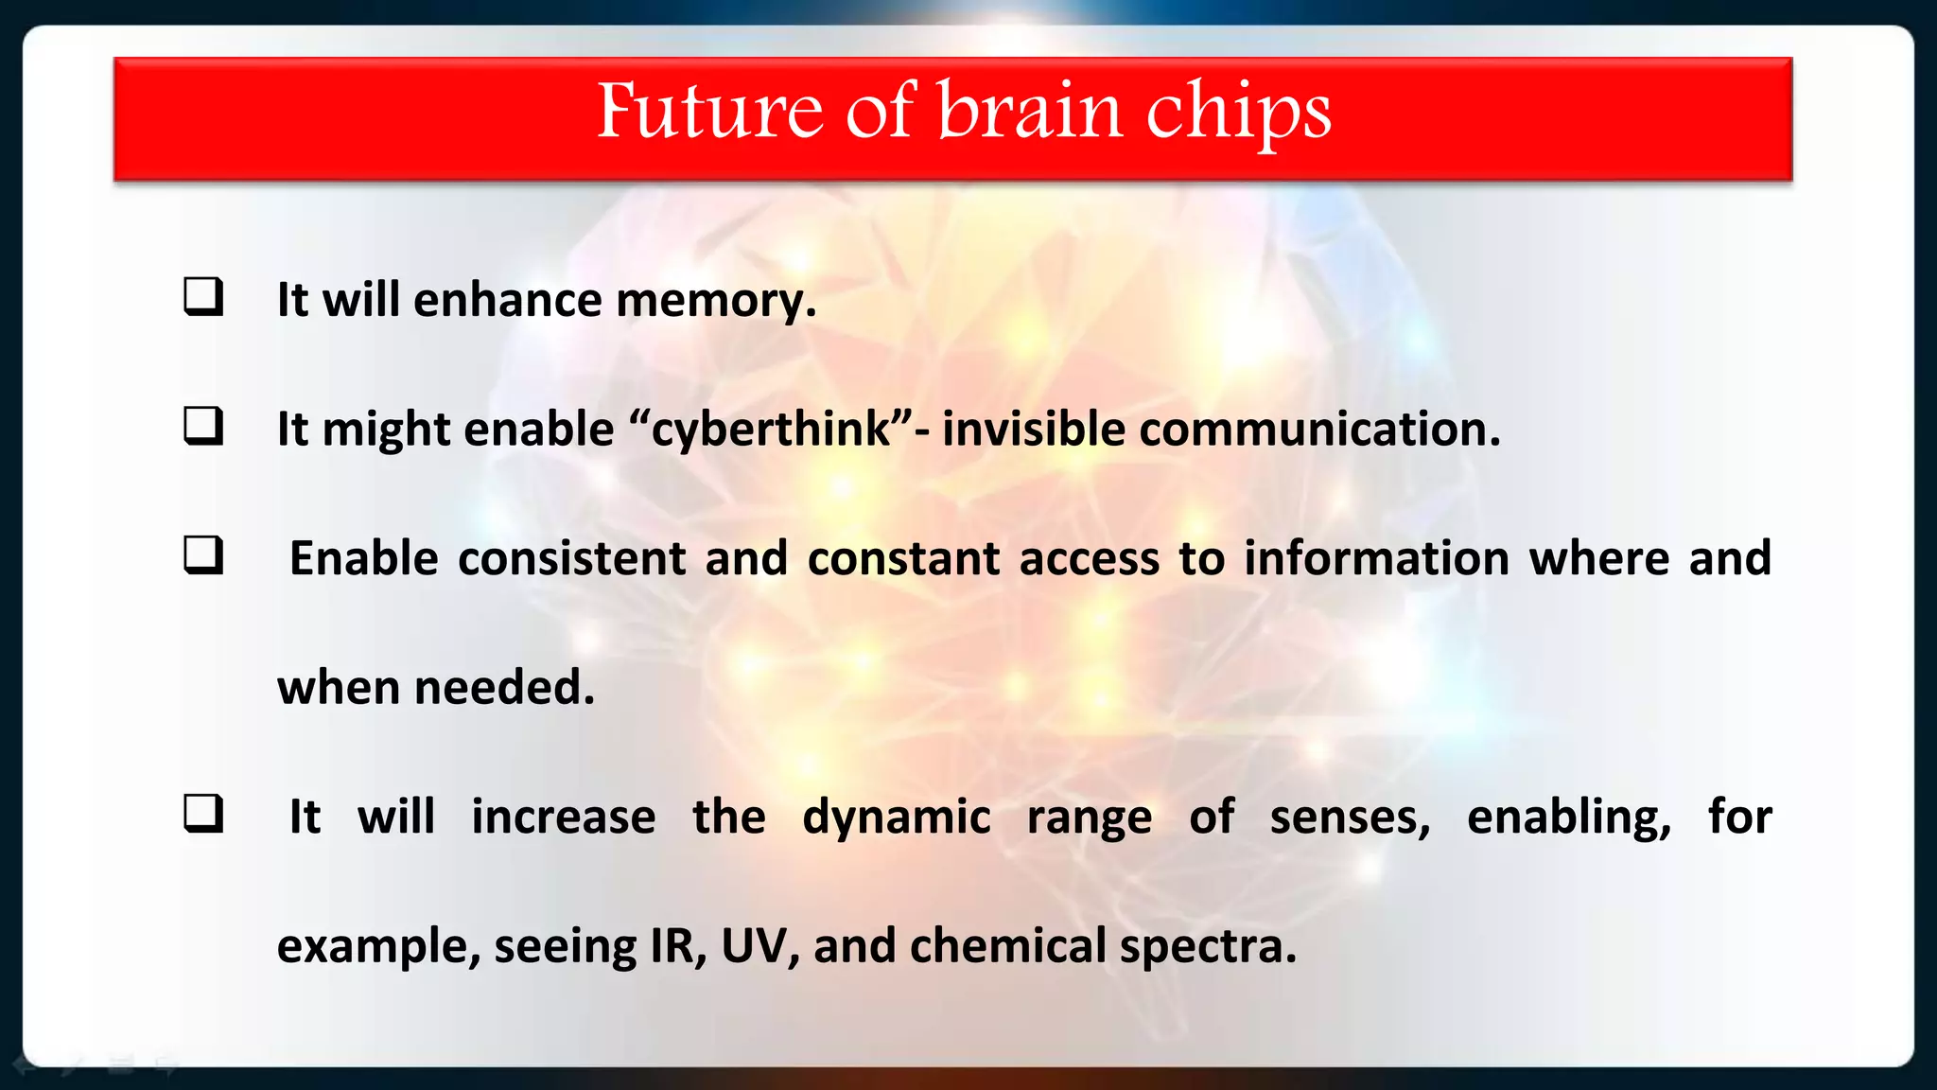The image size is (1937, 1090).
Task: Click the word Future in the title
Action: click(x=709, y=112)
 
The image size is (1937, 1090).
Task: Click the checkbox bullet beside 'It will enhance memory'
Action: click(x=203, y=297)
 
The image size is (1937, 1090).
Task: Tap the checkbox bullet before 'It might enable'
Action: click(x=203, y=427)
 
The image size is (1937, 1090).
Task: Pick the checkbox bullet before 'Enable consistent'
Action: click(x=203, y=556)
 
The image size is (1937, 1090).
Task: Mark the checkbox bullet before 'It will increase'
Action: click(x=203, y=814)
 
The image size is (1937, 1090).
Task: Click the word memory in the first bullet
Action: click(x=715, y=301)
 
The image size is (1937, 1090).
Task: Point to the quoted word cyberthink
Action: click(x=771, y=430)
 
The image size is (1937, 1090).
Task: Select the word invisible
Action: click(x=1033, y=430)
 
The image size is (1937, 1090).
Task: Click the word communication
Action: click(x=1319, y=430)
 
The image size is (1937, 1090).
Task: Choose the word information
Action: click(x=1376, y=558)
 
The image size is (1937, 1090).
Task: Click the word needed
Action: click(x=503, y=688)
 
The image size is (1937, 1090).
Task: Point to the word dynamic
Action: click(x=896, y=817)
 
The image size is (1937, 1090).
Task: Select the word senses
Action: click(x=1350, y=817)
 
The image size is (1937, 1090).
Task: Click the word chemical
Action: click(x=1007, y=946)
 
